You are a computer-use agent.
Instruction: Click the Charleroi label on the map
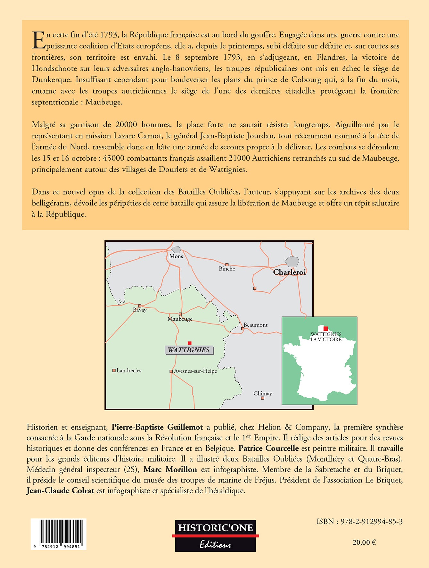coord(289,272)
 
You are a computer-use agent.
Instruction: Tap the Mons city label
coord(176,256)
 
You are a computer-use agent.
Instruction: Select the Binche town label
coord(227,269)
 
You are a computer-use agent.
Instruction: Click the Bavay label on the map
coord(140,310)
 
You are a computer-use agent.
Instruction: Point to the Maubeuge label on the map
coord(180,319)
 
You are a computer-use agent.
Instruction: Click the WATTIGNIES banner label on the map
coord(189,350)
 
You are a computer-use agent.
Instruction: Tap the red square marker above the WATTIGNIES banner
coord(189,343)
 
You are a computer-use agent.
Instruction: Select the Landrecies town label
coord(129,371)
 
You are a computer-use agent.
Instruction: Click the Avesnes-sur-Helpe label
coord(195,371)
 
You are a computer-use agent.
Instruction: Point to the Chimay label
coord(263,394)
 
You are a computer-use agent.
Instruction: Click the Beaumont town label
coord(255,325)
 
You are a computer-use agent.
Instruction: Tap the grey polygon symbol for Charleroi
coord(292,262)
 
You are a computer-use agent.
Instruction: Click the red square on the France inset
coord(326,329)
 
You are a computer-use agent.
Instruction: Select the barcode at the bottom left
coord(59,534)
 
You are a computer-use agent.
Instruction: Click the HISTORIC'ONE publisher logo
coord(215,536)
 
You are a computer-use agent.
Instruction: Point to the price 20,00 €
coord(364,542)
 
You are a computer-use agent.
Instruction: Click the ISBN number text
coord(359,522)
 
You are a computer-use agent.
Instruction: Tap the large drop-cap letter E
coord(38,40)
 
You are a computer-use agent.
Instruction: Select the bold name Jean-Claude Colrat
coord(60,490)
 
